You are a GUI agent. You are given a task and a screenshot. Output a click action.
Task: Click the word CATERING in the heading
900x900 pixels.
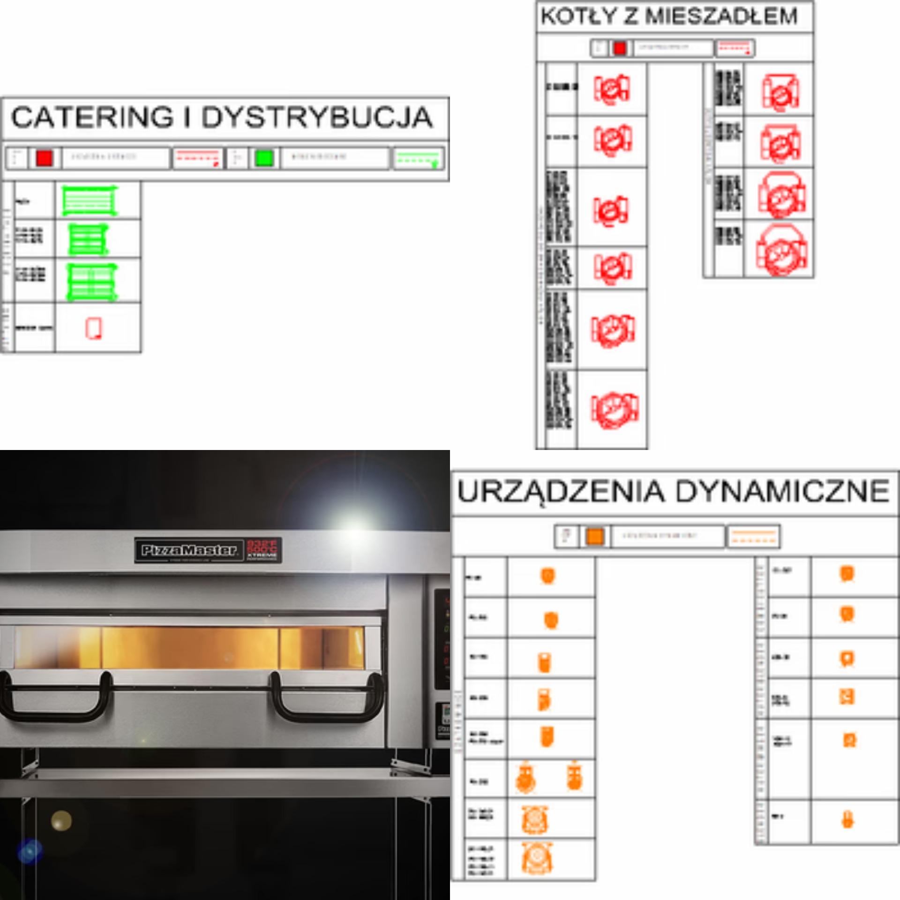(92, 117)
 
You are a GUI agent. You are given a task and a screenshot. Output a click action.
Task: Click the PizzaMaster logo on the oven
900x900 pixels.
(188, 550)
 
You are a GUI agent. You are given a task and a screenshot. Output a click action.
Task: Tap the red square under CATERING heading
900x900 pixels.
(45, 158)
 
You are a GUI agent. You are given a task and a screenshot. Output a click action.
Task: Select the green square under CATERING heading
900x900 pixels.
(264, 158)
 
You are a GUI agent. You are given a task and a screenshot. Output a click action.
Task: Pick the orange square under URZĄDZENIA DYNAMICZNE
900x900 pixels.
(595, 536)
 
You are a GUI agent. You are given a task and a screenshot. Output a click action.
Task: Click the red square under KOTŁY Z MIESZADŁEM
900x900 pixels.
(620, 48)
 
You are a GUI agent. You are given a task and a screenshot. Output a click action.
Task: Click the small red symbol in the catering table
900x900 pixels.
(94, 328)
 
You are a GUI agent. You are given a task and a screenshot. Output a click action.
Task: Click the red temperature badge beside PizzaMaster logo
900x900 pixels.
(262, 549)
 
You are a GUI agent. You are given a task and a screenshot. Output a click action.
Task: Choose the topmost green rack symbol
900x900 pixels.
(89, 201)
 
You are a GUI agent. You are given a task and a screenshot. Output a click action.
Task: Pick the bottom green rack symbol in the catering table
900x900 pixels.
(91, 282)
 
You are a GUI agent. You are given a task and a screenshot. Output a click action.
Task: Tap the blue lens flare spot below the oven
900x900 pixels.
(30, 851)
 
